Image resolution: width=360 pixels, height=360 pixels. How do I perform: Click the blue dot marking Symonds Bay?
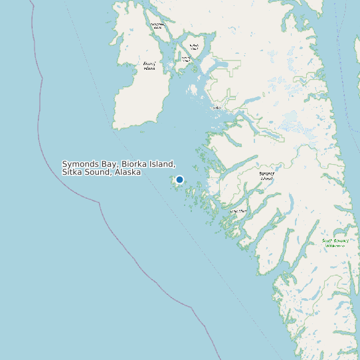(179, 179)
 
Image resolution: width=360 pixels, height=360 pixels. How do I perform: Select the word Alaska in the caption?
(128, 172)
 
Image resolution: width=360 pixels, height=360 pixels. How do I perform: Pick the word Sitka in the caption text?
(72, 172)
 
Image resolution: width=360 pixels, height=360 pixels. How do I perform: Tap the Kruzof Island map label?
(149, 66)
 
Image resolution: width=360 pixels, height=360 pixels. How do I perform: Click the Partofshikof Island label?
(157, 26)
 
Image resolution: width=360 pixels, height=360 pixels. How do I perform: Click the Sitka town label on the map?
(217, 107)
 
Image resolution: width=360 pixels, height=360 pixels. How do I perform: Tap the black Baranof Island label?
(266, 175)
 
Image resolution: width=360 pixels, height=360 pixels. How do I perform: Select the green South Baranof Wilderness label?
(334, 243)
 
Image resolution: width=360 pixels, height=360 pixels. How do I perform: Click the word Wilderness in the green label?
(335, 246)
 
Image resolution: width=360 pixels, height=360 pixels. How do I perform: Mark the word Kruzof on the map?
(149, 64)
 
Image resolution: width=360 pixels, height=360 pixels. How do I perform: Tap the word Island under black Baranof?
(266, 178)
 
